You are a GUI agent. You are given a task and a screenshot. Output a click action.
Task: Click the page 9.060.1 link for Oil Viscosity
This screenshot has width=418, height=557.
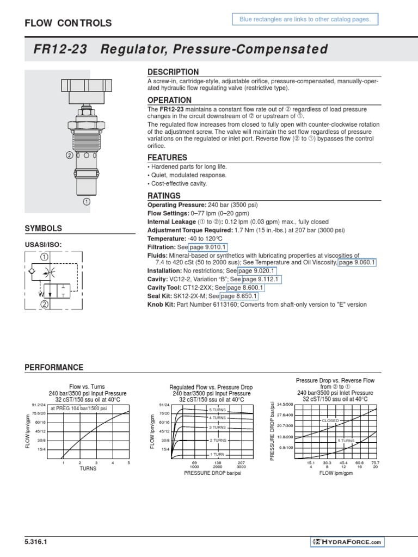357,263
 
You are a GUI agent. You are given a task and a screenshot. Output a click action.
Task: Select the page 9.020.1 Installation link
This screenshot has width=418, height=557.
256,270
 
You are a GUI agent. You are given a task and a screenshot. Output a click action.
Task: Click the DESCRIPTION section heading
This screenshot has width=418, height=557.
173,72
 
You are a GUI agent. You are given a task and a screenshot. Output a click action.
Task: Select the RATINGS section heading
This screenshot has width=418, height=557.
164,196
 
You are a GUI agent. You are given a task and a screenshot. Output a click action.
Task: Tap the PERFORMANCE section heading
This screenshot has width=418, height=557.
54,368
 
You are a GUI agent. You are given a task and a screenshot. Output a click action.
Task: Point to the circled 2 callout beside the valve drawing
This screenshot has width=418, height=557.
69,154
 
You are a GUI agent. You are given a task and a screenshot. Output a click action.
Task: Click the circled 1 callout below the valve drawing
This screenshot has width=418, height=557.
86,201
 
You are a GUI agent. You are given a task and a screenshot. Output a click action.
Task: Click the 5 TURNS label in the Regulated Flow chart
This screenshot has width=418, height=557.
218,409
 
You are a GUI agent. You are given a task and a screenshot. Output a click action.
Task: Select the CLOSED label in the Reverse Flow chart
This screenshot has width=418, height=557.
330,420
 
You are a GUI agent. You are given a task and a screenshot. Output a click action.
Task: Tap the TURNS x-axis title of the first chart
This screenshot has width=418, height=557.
88,468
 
